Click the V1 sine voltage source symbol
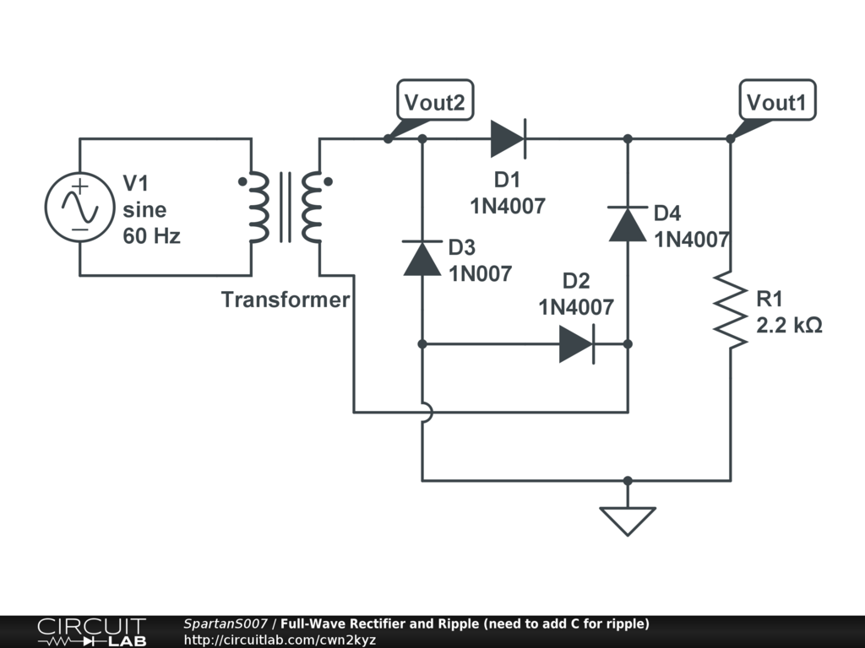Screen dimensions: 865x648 click(80, 208)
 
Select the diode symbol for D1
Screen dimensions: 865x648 click(508, 139)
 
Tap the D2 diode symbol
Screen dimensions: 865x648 click(577, 344)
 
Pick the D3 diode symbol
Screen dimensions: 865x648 click(422, 258)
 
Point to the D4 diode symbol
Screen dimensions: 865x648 click(628, 224)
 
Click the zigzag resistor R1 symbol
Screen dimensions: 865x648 click(731, 310)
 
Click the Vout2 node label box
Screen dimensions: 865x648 click(435, 100)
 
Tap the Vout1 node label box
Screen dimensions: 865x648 click(777, 100)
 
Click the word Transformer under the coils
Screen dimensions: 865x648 click(286, 300)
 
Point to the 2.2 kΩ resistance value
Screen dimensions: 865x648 click(789, 325)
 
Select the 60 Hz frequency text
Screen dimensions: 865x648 click(152, 236)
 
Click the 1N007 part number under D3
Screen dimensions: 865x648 click(481, 273)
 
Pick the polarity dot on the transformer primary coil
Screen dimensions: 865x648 click(242, 181)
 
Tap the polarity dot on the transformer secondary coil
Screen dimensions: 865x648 click(329, 181)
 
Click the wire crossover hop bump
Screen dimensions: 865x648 click(427, 412)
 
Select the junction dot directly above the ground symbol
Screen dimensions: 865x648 click(628, 480)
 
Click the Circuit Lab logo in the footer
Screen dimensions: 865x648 click(92, 632)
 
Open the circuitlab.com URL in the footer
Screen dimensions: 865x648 click(280, 640)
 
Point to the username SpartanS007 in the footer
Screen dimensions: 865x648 click(226, 624)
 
